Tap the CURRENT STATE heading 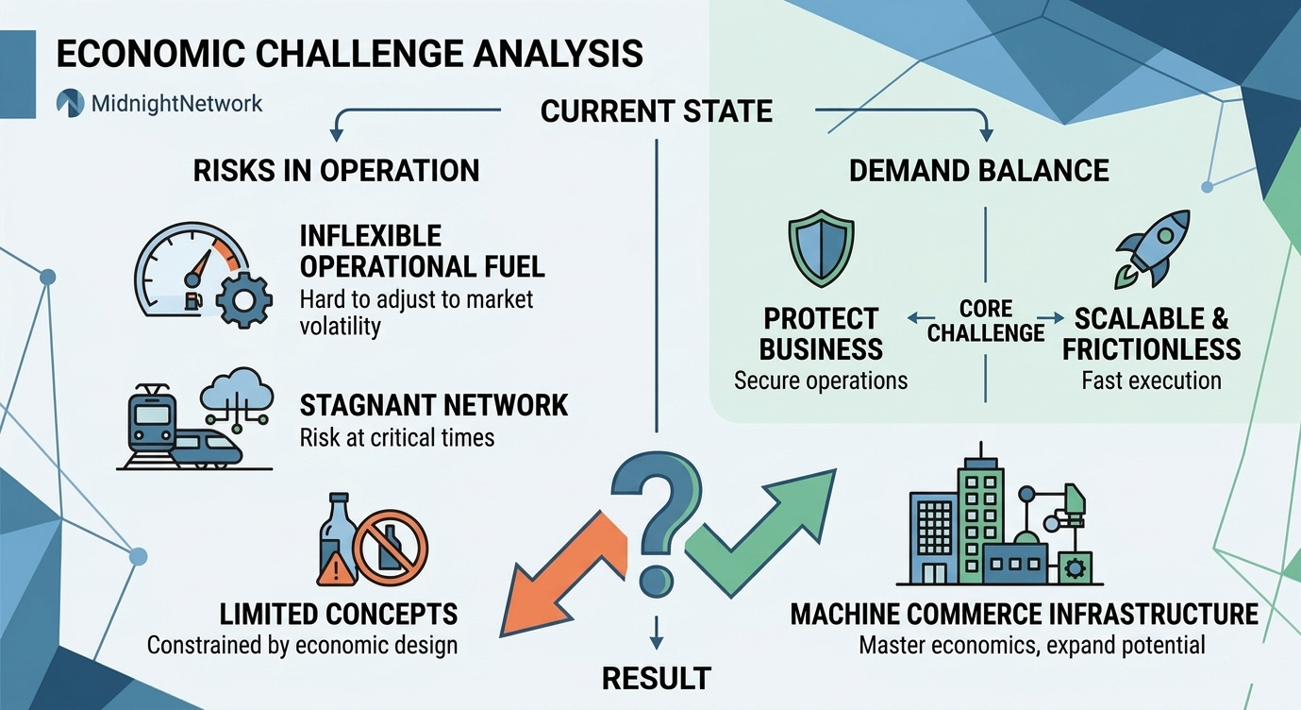tap(656, 111)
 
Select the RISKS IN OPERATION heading tap(336, 170)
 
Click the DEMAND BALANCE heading tap(978, 170)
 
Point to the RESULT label tap(657, 677)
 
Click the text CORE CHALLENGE tap(985, 321)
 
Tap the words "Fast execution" tap(1151, 380)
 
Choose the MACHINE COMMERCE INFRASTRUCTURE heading tap(1024, 614)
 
